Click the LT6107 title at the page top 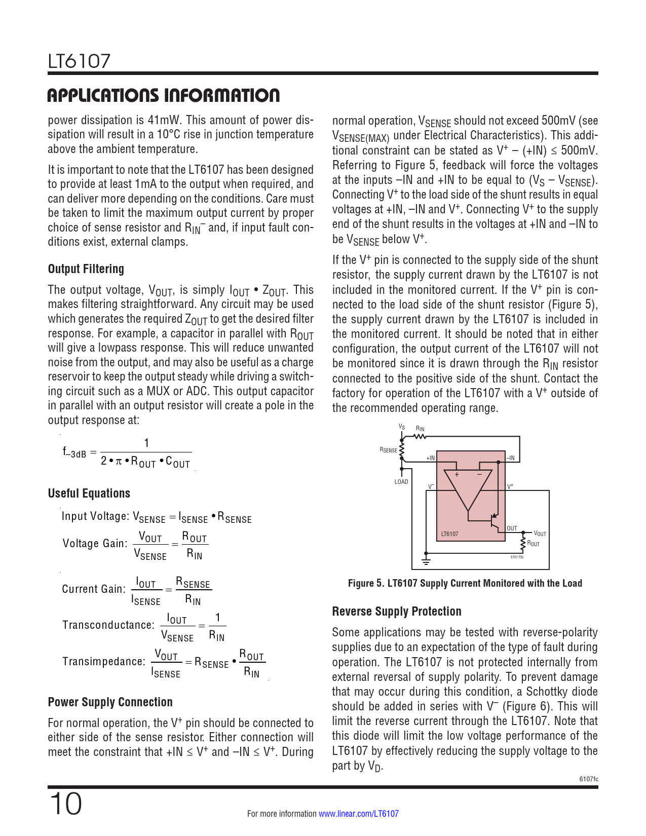point(79,61)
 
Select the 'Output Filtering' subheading point(86,269)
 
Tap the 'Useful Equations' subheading point(89,493)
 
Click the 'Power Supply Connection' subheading point(110,702)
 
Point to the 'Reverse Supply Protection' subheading point(396,612)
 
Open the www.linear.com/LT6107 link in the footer point(358,814)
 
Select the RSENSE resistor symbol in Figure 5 point(402,450)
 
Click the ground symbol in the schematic point(426,561)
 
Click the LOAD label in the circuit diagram point(401,482)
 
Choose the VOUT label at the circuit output point(540,534)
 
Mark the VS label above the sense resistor point(402,427)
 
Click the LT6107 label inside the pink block point(449,534)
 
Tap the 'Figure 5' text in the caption point(365,583)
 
